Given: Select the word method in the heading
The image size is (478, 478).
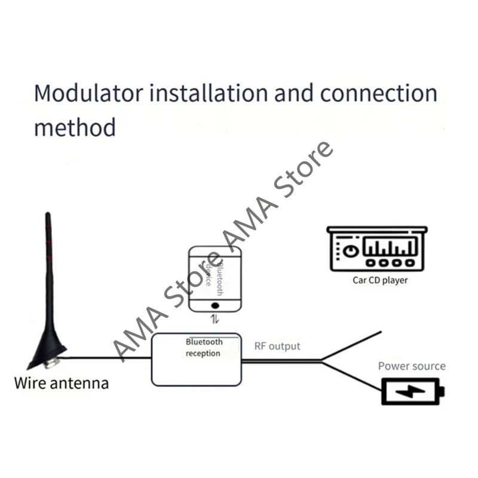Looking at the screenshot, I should pos(74,127).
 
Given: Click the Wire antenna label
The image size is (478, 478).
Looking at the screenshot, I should pos(62,382).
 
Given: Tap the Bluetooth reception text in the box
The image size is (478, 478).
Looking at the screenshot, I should pos(204,348).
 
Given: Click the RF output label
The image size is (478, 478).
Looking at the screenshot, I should pos(277,346).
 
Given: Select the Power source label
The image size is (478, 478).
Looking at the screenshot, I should pos(412,366).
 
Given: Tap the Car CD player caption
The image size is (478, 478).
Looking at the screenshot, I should pos(380,280).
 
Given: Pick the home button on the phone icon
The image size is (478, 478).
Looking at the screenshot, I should pos(215,304).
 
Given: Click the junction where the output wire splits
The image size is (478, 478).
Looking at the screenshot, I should pos(321,360).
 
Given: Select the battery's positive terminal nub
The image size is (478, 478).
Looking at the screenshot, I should pos(442,393).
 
